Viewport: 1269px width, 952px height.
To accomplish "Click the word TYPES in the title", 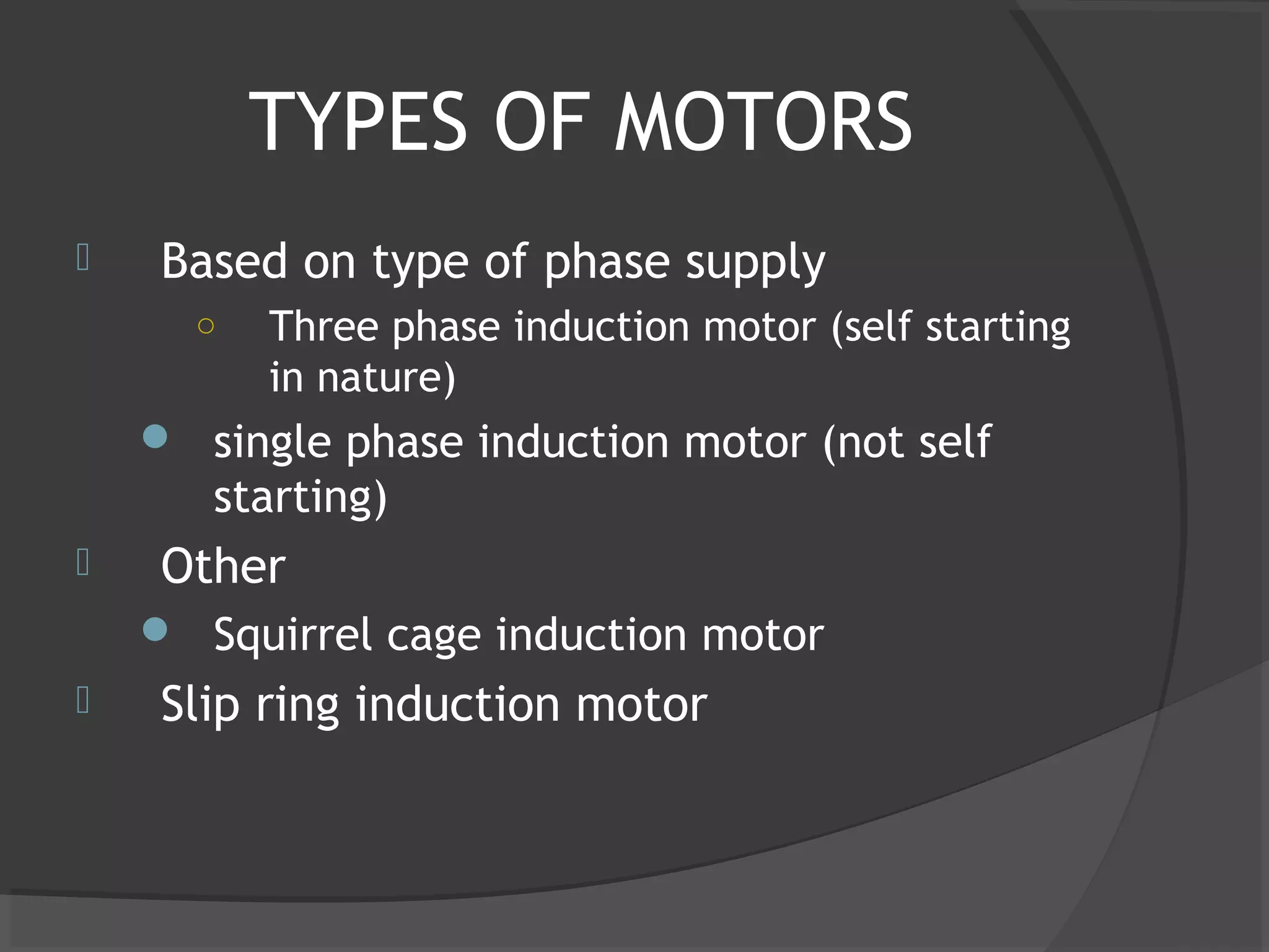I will [x=358, y=121].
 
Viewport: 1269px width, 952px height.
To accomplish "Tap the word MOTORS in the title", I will [x=763, y=121].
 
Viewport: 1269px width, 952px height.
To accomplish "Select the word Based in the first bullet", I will [x=224, y=261].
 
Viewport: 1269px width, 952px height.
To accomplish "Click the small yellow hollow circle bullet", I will [x=206, y=326].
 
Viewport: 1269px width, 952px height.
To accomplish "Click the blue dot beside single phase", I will [x=155, y=436].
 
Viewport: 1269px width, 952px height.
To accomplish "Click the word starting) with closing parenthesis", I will [x=300, y=497].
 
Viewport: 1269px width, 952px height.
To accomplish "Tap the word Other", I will [x=223, y=566].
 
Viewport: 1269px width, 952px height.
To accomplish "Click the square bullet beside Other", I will [x=83, y=562].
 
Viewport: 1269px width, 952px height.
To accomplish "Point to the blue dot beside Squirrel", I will [x=155, y=630].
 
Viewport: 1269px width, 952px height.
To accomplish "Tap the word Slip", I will [x=200, y=705].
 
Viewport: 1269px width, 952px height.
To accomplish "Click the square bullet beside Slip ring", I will [x=83, y=700].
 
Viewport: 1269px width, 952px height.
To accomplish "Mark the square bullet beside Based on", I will [x=83, y=257].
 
